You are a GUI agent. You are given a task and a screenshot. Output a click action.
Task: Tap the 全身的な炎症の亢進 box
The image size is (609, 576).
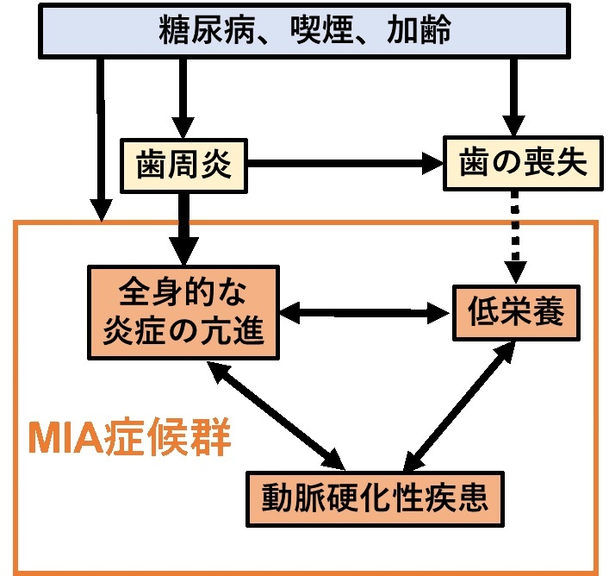coord(184,311)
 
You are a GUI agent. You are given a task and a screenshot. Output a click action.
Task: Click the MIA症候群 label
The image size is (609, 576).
coord(130,439)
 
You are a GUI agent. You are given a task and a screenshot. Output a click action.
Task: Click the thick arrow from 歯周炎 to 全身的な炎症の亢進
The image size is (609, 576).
coord(183,226)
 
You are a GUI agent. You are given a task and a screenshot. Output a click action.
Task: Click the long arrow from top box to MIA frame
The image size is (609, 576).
coord(102,138)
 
